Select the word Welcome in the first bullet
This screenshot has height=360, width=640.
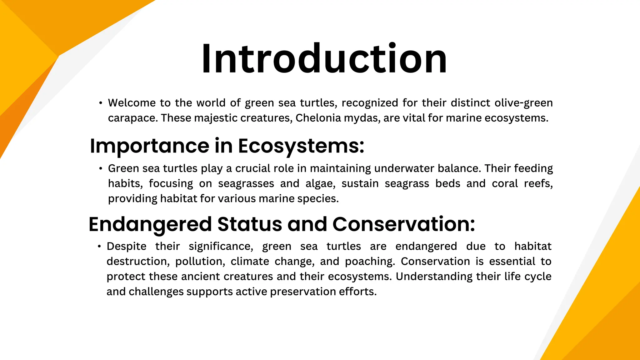[x=132, y=103]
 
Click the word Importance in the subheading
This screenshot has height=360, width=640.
[x=149, y=146]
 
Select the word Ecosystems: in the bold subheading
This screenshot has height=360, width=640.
[x=301, y=146]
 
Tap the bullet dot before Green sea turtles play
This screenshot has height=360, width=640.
[x=101, y=169]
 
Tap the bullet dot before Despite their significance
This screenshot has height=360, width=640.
[x=99, y=247]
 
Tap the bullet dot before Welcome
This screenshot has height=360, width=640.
[x=101, y=103]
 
